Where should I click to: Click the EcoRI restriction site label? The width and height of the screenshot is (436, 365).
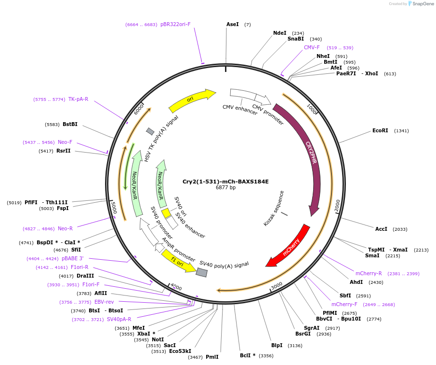[380, 131]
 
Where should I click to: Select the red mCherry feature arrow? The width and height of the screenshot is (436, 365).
[289, 247]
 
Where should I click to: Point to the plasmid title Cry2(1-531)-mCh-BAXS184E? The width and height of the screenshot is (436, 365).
[225, 182]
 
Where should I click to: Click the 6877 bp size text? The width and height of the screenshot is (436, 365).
[225, 188]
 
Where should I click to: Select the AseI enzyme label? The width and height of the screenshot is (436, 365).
[232, 24]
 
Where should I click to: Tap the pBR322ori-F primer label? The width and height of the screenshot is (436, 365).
[175, 24]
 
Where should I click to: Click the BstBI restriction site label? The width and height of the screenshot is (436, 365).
[70, 124]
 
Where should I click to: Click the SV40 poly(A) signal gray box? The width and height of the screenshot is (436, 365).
[202, 272]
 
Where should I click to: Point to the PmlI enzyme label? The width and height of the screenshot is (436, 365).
[212, 357]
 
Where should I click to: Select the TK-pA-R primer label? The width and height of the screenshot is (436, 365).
[78, 99]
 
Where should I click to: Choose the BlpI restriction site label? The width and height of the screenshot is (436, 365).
[277, 345]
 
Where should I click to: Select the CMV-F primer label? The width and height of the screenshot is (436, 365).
[311, 47]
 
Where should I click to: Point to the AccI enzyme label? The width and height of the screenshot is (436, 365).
[381, 229]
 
